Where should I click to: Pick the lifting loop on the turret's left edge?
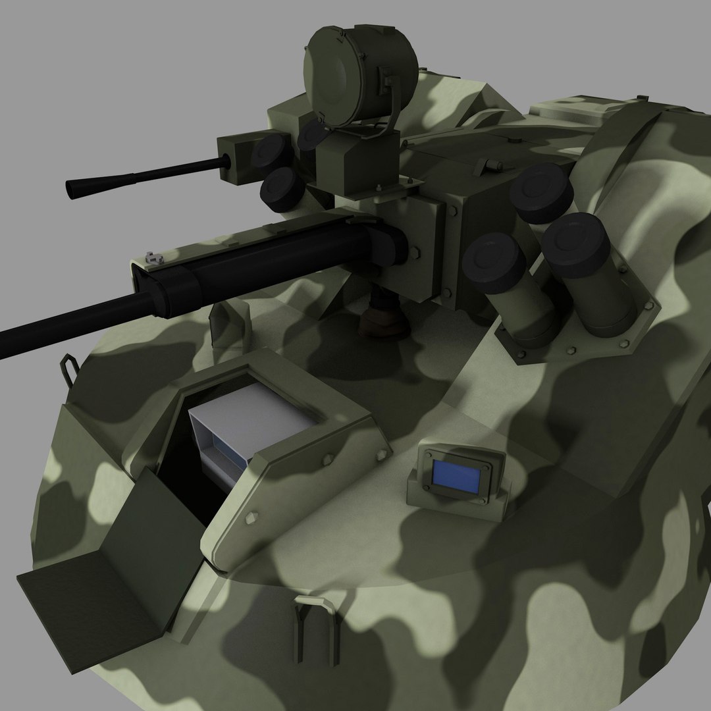[x=69, y=366]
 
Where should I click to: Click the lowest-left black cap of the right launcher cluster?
[x=493, y=263]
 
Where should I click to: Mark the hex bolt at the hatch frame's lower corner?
[x=250, y=517]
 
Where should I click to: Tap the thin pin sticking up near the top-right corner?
[x=639, y=98]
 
